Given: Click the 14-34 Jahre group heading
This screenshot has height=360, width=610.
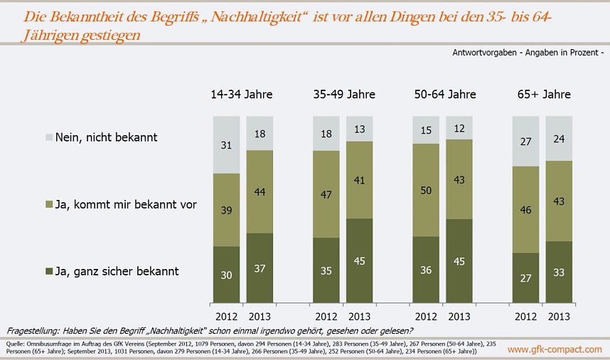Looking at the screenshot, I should point(241,94).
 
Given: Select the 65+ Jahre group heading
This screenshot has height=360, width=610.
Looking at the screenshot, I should point(544,94).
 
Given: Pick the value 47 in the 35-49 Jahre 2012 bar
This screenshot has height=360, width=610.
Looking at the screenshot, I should point(326,194).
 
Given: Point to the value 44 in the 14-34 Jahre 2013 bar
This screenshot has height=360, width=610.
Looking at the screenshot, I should point(259,191).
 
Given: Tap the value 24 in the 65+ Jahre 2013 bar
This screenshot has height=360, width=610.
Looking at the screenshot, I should point(560,139).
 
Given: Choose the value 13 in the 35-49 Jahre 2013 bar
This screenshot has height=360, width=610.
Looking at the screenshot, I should point(360,128).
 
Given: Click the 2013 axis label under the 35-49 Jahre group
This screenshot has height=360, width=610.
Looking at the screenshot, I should point(360,316).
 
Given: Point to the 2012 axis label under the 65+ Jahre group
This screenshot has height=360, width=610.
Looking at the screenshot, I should point(527,316).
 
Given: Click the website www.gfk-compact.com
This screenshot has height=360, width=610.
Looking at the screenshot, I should point(555,349).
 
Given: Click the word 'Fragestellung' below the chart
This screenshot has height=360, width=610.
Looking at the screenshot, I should point(33,331).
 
